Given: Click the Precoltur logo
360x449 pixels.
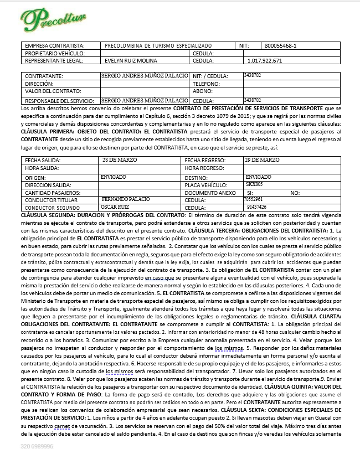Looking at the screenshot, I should (53, 19).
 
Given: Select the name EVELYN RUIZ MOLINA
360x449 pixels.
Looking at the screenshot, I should (130, 60).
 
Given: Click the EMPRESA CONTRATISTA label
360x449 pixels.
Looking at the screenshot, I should (54, 45).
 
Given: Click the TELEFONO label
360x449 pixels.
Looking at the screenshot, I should (208, 84).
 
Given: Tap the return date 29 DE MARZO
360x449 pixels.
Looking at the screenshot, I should (262, 159).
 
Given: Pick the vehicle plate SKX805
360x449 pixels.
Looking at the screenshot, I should (254, 183).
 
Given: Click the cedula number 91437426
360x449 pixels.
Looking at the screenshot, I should (256, 207).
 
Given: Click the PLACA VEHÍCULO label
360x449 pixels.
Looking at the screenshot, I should (207, 184).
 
